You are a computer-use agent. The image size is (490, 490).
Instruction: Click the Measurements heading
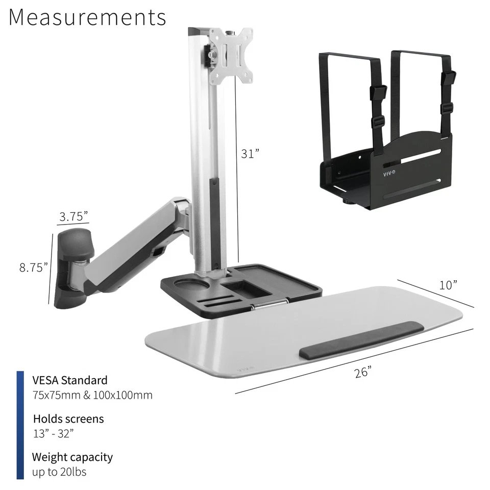[87, 17]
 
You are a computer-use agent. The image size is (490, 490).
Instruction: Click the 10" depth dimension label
[448, 285]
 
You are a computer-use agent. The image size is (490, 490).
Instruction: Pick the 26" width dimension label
[363, 373]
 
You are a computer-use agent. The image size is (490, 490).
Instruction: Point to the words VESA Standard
[70, 380]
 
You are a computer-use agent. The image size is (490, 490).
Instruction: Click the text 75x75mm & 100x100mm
[92, 395]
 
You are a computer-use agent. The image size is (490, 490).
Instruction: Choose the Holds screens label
[68, 419]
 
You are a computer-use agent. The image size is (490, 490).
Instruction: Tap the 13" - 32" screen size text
[54, 434]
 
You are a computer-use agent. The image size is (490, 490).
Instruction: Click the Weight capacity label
[72, 457]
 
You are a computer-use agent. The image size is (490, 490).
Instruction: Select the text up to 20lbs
[59, 472]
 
